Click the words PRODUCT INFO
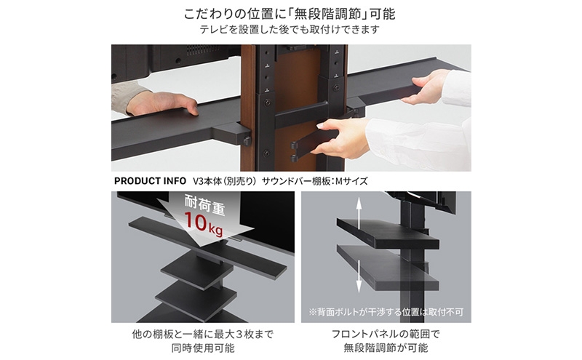150,181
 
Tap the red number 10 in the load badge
195,221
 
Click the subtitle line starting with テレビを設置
290,29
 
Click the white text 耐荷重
205,204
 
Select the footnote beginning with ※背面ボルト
386,312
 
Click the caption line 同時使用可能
203,348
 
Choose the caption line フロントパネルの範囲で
386,335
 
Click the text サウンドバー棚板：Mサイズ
315,181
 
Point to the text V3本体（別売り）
225,181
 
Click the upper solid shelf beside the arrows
388,232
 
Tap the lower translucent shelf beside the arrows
388,266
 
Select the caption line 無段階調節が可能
386,348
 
